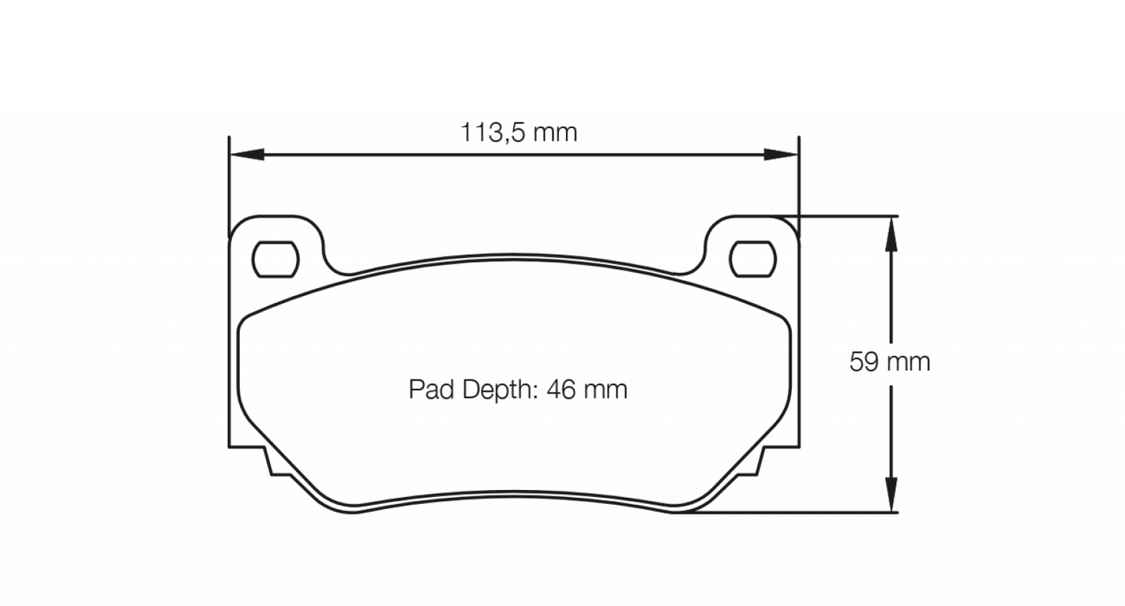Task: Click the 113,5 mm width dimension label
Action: (x=519, y=132)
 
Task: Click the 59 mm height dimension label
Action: (x=889, y=362)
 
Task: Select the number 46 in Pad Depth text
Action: (x=560, y=389)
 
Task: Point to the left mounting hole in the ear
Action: (x=276, y=259)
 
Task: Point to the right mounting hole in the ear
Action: (x=753, y=259)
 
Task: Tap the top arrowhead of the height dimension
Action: (x=892, y=234)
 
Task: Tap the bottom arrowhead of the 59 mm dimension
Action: (x=892, y=495)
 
